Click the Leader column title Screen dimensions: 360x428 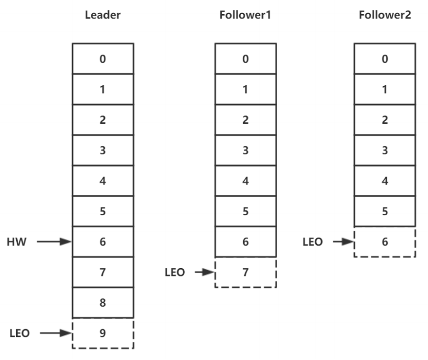(x=103, y=15)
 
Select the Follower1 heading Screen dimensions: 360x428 (x=245, y=15)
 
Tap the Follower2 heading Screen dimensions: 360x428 (x=385, y=15)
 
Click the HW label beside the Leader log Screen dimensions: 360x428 (x=17, y=242)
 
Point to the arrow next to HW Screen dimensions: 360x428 (x=54, y=242)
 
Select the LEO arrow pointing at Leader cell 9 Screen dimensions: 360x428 (x=54, y=333)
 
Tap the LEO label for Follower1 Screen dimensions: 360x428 (x=174, y=272)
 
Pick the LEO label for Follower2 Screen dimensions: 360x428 (x=314, y=242)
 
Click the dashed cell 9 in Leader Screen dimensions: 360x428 (x=103, y=333)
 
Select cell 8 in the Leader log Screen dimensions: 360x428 (x=103, y=303)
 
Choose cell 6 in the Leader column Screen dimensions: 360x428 (x=103, y=242)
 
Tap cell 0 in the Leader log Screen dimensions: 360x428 (x=103, y=59)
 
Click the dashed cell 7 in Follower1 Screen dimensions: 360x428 (x=245, y=272)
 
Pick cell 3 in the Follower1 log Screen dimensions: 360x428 (x=245, y=150)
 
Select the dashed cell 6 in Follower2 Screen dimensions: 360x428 (x=385, y=242)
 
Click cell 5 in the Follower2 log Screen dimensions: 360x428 (x=385, y=212)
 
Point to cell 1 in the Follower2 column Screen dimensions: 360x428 (x=385, y=89)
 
